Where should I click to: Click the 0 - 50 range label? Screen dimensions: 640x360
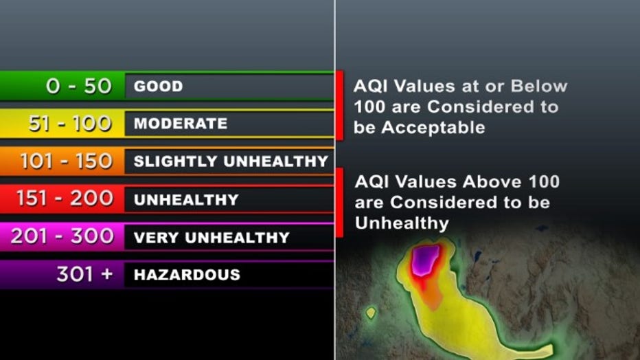click(x=79, y=86)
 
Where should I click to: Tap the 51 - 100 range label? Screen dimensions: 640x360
click(x=70, y=123)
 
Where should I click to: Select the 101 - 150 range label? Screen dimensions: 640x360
click(x=66, y=161)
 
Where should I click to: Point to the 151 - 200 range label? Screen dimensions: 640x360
click(x=65, y=199)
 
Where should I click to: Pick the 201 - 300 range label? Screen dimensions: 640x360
click(x=62, y=236)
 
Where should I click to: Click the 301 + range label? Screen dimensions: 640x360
click(x=85, y=274)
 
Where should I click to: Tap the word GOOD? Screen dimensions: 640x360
click(x=159, y=86)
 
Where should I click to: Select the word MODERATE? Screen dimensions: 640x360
click(x=181, y=123)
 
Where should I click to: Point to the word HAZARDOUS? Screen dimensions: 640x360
click(x=187, y=275)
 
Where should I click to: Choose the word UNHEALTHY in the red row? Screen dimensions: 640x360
click(x=186, y=200)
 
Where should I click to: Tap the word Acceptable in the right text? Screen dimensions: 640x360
click(x=433, y=128)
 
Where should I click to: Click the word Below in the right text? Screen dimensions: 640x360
click(x=539, y=86)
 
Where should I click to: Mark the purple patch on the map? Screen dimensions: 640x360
click(x=425, y=260)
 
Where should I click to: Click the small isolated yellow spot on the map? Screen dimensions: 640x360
click(x=371, y=313)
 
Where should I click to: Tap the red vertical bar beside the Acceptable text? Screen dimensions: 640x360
click(x=339, y=106)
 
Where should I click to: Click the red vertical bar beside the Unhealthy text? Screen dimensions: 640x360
click(x=339, y=203)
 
